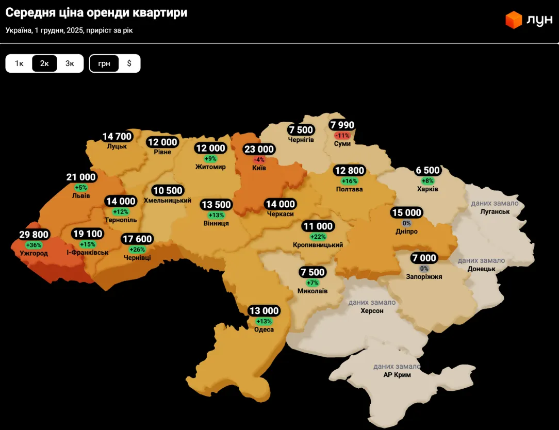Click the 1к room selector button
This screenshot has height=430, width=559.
pos(19,63)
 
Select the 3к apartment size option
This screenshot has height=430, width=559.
pos(70,63)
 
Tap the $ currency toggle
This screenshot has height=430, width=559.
pos(129,63)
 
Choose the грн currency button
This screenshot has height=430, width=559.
pos(104,63)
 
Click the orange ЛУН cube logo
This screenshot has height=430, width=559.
pos(514,20)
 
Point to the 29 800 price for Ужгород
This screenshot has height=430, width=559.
pos(34,235)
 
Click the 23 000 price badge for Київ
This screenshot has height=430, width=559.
pos(259,150)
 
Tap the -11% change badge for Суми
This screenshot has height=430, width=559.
pos(342,136)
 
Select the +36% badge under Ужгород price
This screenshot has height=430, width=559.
pos(34,245)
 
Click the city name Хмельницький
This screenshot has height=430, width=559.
pos(168,200)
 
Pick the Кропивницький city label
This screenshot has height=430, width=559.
pos(318,245)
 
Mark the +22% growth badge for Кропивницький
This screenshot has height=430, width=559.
pos(318,237)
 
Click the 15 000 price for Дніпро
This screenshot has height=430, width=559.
pos(406,213)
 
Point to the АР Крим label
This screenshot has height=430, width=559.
pos(397,375)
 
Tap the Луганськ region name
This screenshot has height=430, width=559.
pos(495,211)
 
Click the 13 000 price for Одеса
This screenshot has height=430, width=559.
pos(264,311)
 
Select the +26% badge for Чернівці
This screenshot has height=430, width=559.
pos(137,249)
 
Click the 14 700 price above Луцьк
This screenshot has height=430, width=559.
pos(117,137)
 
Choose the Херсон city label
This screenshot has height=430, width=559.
pos(372,311)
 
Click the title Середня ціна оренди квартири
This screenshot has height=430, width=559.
pos(96,13)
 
